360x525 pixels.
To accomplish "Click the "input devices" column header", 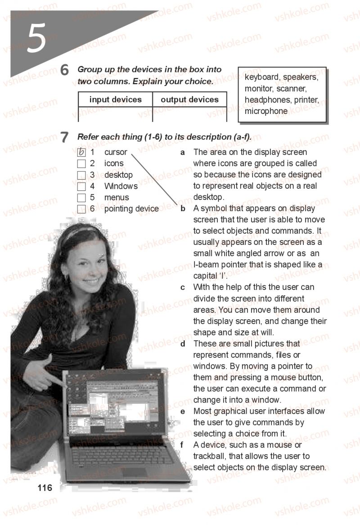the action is [116, 100].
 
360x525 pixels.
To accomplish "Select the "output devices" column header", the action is [190, 100].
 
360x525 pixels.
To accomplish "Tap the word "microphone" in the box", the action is [266, 111].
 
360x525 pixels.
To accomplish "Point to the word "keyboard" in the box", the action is [262, 77].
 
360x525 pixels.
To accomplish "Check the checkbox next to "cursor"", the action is [81, 152].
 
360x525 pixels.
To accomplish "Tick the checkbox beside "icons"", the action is [81, 164].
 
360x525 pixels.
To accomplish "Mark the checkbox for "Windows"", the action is [81, 186].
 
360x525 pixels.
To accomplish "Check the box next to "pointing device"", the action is [81, 209].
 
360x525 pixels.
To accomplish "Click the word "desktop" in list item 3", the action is [118, 175].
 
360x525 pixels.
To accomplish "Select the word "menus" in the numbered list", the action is [117, 198].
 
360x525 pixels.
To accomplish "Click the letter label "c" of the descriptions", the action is [183, 288].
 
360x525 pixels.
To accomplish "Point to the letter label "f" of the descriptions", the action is [182, 445].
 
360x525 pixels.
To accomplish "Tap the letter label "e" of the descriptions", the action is [183, 412].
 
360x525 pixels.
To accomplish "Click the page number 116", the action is [45, 488].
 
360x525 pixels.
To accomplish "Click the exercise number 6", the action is [64, 70].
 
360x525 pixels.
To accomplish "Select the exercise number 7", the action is [64, 137].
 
